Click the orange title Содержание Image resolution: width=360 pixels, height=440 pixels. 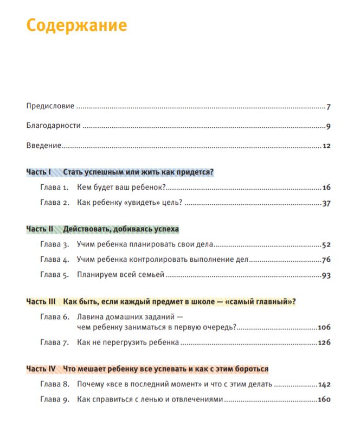(x=76, y=25)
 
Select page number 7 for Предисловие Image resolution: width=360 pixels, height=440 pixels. (x=329, y=106)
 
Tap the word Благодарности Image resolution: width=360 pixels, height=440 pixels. (x=54, y=126)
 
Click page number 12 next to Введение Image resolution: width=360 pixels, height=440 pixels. (x=326, y=146)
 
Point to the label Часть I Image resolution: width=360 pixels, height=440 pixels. (x=38, y=172)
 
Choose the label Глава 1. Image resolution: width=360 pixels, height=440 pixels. (x=54, y=187)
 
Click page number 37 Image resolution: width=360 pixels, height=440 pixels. (x=326, y=203)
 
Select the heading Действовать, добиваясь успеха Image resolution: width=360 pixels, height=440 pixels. (x=121, y=229)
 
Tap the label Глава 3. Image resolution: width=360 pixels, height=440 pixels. (x=54, y=244)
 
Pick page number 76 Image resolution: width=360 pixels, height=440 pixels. (x=326, y=260)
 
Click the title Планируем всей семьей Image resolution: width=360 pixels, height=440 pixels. (x=120, y=275)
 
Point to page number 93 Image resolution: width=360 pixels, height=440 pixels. (x=326, y=275)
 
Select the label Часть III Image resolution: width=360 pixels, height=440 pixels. (x=41, y=301)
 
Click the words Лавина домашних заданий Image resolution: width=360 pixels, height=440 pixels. (x=127, y=316)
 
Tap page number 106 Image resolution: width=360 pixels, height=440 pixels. (x=324, y=327)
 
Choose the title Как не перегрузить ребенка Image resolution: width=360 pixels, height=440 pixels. (x=128, y=342)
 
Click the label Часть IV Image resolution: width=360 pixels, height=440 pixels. (x=41, y=369)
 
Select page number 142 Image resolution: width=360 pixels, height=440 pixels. (x=324, y=384)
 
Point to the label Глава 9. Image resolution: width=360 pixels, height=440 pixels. (x=54, y=400)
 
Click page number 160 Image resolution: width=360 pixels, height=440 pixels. (x=324, y=400)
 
